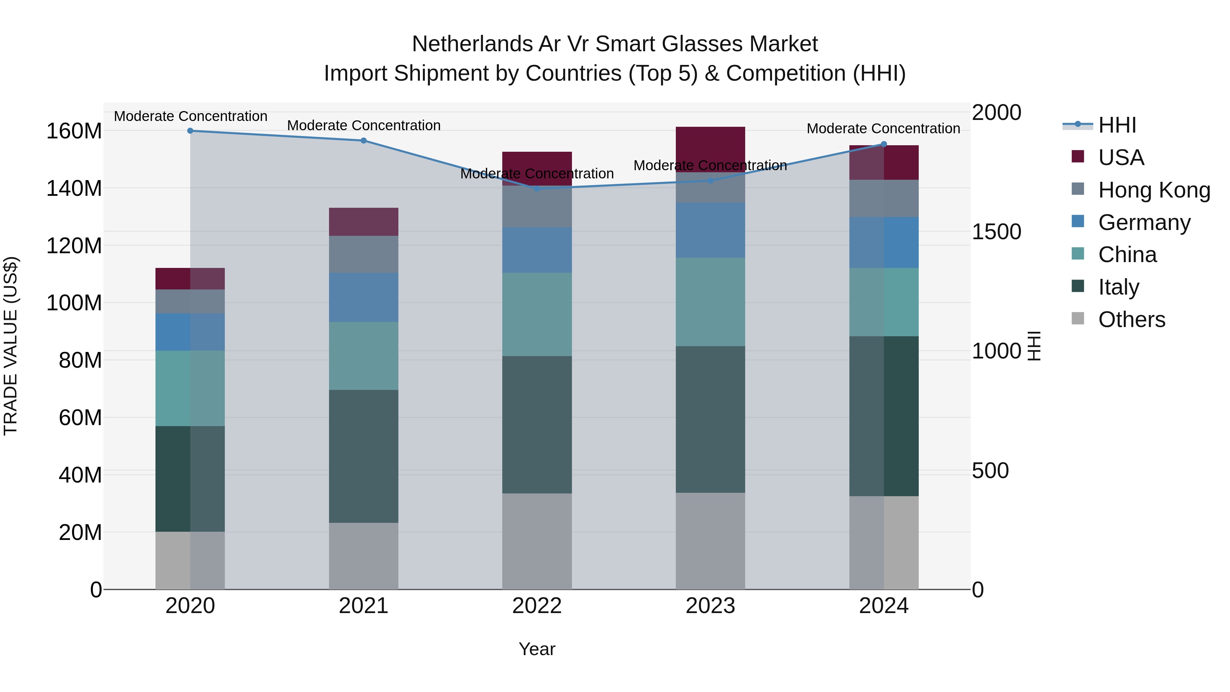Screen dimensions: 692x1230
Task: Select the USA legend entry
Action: pos(1120,158)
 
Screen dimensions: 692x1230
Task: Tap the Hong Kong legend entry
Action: pos(1153,190)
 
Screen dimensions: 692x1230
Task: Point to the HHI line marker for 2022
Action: pos(537,189)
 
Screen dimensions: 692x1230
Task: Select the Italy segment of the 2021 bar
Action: pos(364,456)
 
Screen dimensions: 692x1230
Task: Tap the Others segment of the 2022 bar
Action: pos(537,541)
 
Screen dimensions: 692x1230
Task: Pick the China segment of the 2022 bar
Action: pos(537,314)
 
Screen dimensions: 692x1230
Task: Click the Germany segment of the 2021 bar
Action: pos(364,297)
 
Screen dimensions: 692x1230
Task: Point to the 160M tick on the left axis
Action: pos(74,131)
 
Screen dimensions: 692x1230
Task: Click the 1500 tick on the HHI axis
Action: pos(997,232)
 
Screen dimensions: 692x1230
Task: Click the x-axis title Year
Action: pos(537,649)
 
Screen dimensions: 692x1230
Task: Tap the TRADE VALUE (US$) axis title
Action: pos(11,346)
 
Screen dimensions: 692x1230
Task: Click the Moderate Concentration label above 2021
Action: pos(364,126)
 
